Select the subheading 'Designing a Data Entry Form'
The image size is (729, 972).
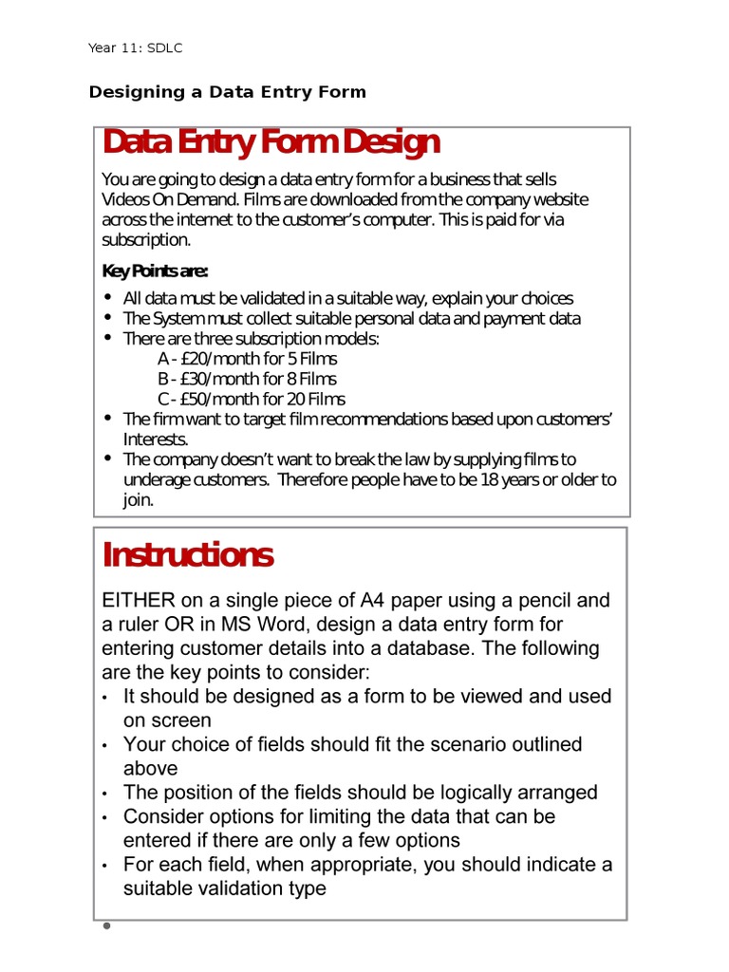[x=227, y=92]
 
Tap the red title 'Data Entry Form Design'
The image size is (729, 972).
[x=271, y=142]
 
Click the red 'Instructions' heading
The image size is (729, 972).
[x=188, y=554]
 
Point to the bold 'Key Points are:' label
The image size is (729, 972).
[x=155, y=271]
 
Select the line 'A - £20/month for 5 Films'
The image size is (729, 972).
[x=248, y=359]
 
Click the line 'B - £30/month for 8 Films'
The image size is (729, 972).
[x=248, y=379]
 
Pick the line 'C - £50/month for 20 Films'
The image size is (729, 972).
[x=252, y=399]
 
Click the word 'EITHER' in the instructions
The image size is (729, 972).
[x=138, y=601]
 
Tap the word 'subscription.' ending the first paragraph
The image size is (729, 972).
[x=146, y=239]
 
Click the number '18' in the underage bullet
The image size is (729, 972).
[x=489, y=479]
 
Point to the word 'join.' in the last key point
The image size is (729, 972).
[x=139, y=499]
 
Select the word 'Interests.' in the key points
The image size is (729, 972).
[x=157, y=439]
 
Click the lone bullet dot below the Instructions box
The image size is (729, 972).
[x=106, y=925]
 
